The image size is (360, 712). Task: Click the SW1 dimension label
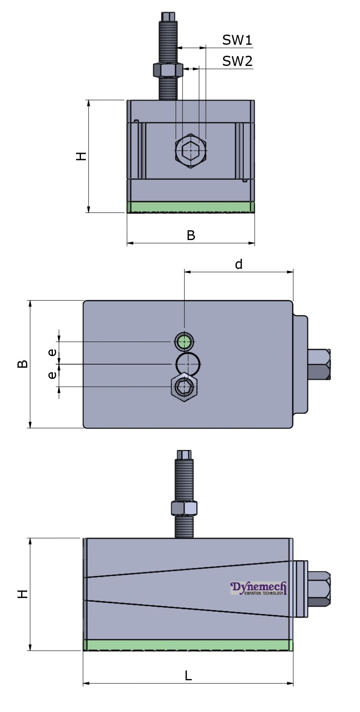237,40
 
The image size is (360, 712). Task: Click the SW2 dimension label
237,61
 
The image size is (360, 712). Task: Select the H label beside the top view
81,156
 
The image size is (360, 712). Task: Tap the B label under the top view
191,235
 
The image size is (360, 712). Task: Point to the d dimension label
239,264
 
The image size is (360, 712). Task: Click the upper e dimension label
52,352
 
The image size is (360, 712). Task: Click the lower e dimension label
52,374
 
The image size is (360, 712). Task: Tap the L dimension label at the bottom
188,675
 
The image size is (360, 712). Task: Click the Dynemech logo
259,588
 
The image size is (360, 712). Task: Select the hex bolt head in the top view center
191,151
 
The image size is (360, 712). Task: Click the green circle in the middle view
185,341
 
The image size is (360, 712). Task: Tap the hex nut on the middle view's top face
185,387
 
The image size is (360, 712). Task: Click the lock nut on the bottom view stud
184,509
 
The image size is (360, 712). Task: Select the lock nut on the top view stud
168,70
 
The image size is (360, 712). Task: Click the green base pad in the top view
191,207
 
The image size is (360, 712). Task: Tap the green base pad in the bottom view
188,645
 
